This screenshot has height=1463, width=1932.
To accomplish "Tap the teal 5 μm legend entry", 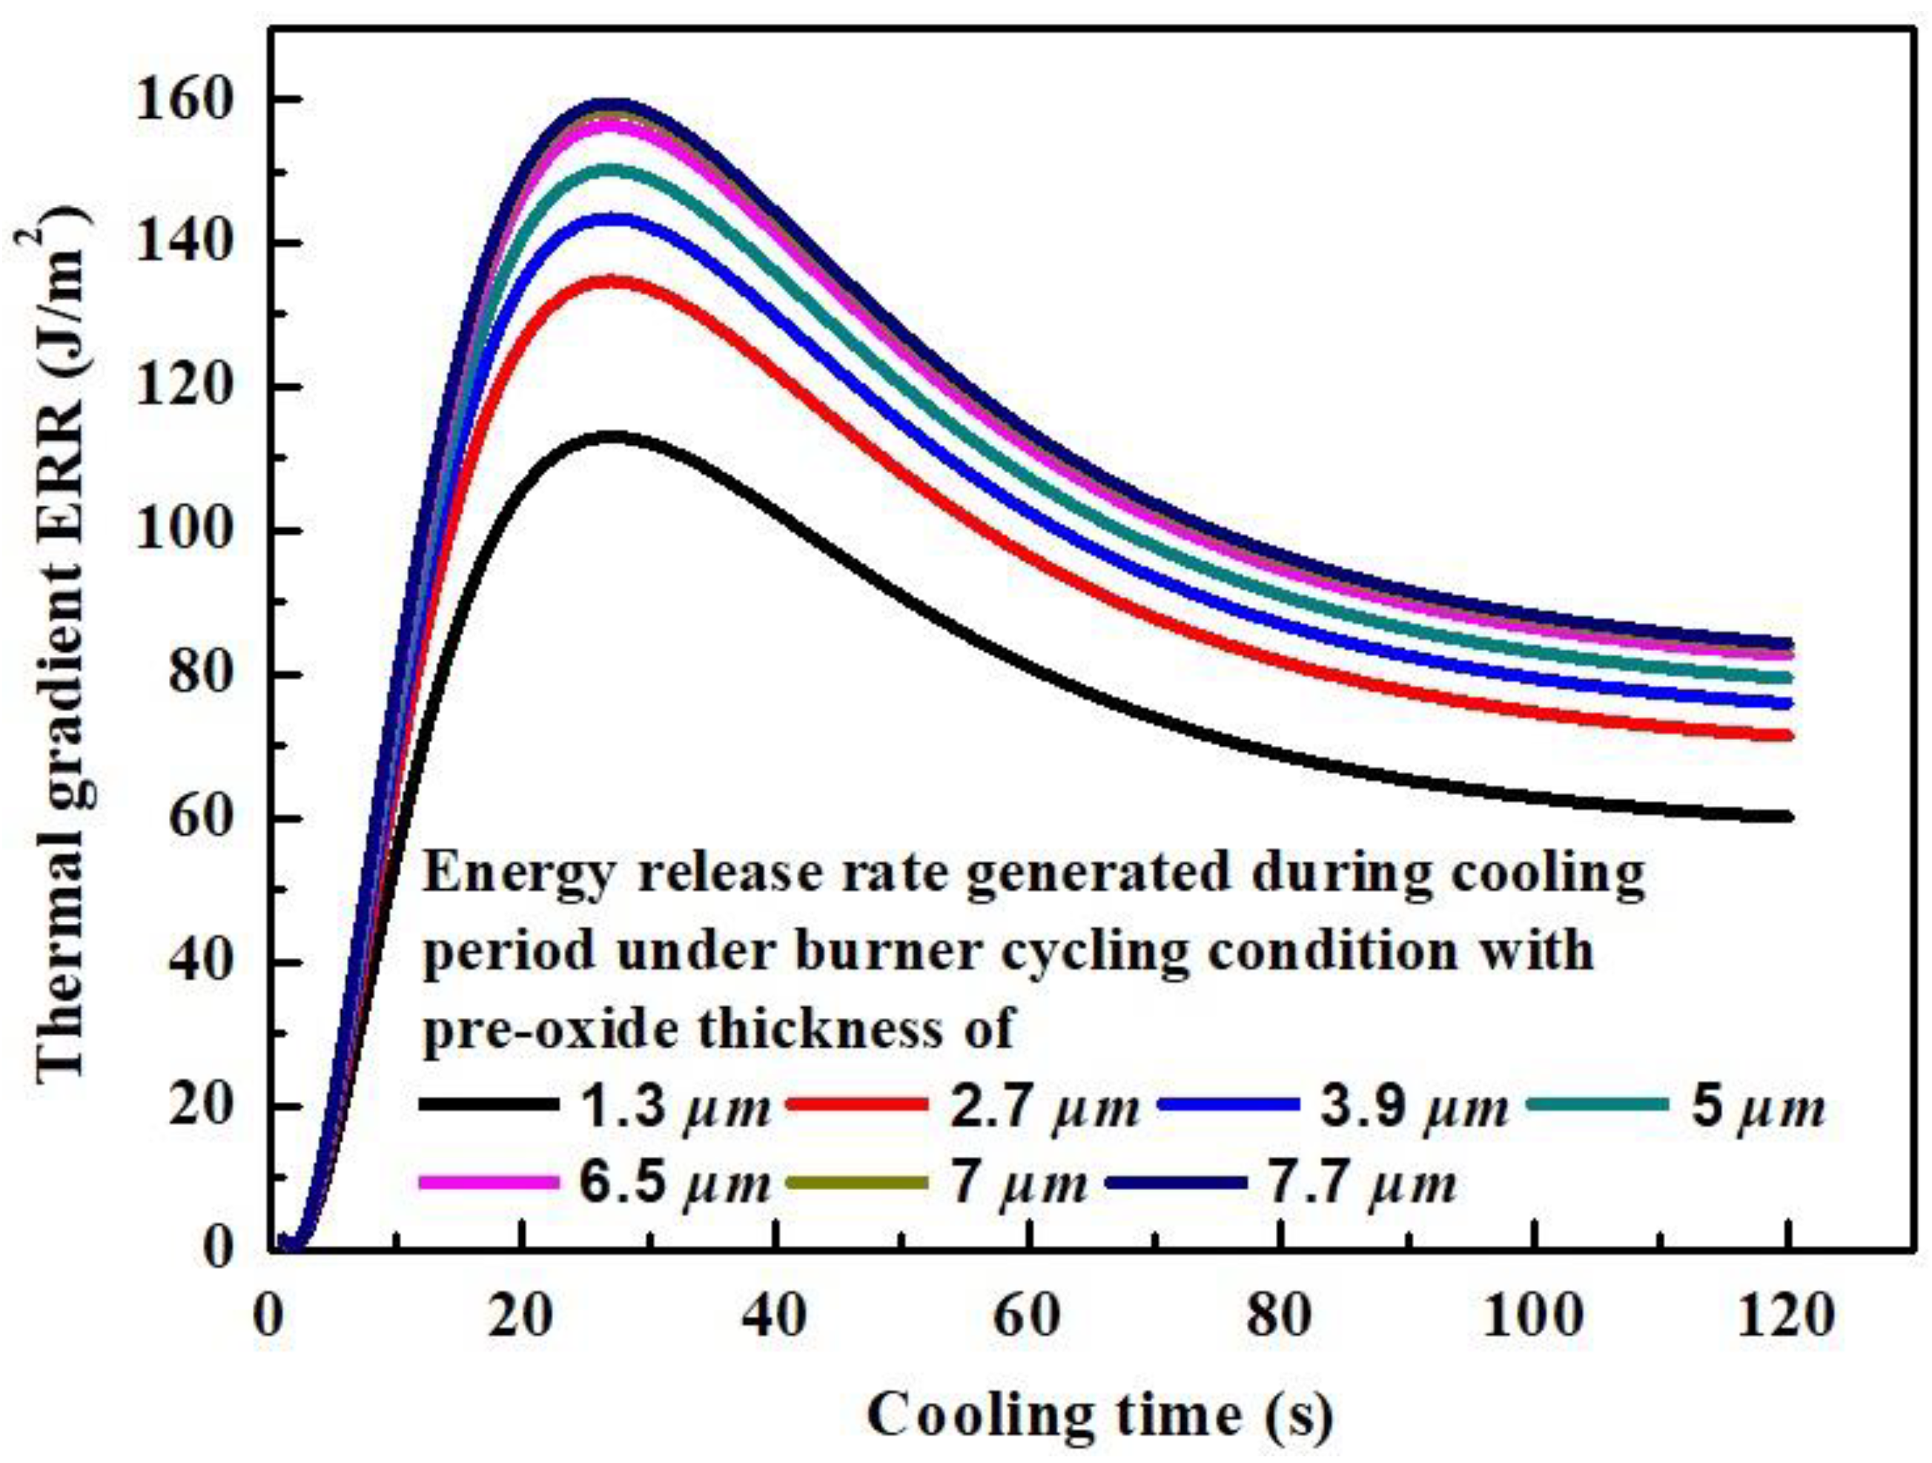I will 1681,1106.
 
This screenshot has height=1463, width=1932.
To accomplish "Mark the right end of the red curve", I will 1787,736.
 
